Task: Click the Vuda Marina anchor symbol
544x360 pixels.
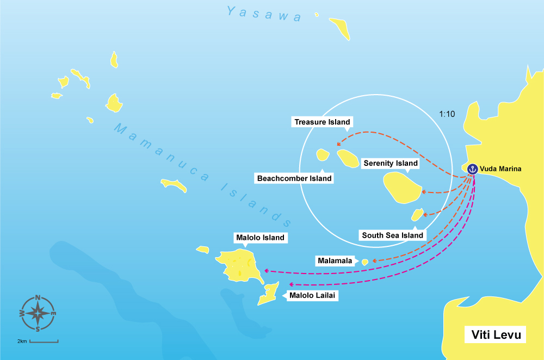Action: [x=472, y=169]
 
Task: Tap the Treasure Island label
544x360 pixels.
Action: [x=322, y=122]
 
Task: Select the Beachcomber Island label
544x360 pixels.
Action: [x=294, y=178]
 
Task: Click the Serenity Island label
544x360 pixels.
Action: [x=391, y=163]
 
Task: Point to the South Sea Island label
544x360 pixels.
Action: [x=392, y=235]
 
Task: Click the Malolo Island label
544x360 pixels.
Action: [x=259, y=238]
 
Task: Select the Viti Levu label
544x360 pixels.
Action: [x=496, y=334]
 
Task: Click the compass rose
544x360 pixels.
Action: [x=38, y=313]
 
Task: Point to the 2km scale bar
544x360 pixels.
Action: [x=44, y=342]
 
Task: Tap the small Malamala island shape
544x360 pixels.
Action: [x=366, y=262]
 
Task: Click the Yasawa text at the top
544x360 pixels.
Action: [x=264, y=14]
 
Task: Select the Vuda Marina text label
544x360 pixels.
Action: [x=500, y=169]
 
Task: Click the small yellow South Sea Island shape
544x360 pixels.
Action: [x=417, y=215]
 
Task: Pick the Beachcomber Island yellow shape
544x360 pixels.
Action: [x=323, y=156]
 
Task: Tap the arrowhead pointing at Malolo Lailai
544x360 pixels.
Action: [x=291, y=284]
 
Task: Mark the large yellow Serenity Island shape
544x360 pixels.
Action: [x=401, y=187]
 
